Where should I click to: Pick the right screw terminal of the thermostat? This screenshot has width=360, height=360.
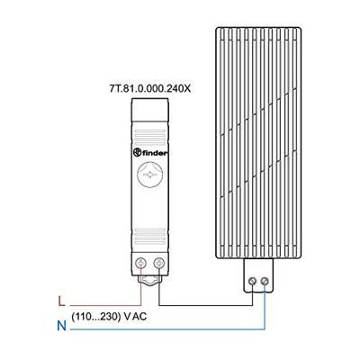click(x=161, y=263)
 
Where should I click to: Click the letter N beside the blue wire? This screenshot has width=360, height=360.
click(x=61, y=326)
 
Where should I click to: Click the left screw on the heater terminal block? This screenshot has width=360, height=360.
click(x=252, y=282)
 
